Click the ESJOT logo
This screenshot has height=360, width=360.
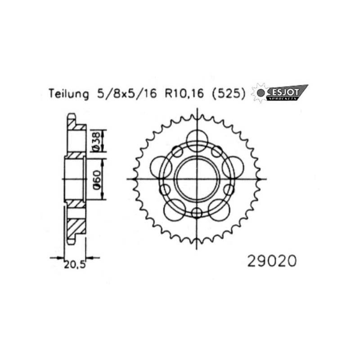pyautogui.click(x=286, y=92)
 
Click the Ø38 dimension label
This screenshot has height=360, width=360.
pyautogui.click(x=95, y=141)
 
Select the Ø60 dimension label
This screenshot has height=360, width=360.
pyautogui.click(x=95, y=179)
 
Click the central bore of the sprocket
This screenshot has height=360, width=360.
pyautogui.click(x=197, y=179)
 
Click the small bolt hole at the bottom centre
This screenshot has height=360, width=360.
pyautogui.click(x=197, y=213)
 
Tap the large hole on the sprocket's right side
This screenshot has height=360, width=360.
pyautogui.click(x=234, y=167)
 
